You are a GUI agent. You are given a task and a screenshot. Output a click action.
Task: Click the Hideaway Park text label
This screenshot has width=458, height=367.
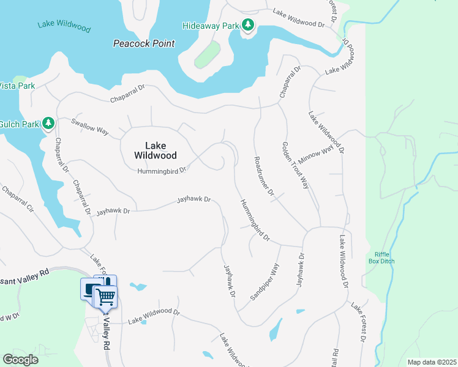210,26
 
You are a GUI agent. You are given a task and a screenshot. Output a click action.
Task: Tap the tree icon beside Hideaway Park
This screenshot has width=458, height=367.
248,25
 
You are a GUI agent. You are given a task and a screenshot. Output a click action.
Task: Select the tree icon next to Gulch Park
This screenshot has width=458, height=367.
48,124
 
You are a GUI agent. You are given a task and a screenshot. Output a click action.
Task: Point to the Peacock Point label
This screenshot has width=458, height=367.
144,43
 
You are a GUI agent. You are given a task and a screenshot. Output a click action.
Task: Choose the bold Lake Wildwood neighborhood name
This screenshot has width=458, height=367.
155,150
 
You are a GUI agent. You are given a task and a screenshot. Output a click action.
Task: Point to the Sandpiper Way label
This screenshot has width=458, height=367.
265,282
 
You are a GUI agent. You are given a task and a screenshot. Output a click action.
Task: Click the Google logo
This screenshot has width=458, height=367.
20,360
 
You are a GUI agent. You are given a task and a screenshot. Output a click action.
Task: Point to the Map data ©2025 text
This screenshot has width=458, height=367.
431,362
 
